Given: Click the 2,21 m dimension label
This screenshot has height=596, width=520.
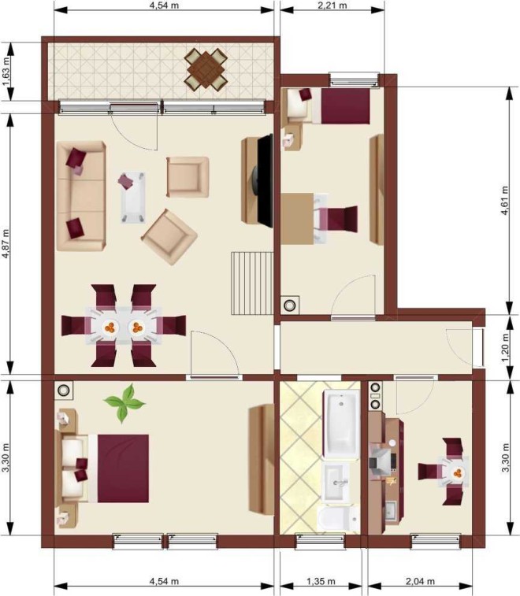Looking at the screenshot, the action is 332,6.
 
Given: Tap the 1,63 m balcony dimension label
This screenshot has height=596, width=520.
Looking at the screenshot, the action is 6,72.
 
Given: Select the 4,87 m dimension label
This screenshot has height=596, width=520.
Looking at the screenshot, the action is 6,244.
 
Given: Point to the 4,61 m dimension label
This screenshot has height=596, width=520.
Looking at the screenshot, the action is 504,201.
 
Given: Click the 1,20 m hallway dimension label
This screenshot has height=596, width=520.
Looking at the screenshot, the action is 505,348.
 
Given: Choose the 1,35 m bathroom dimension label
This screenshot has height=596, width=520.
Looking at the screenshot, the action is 321,582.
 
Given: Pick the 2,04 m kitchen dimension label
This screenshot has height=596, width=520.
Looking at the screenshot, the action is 420,582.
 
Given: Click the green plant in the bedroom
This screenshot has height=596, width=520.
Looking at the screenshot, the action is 124,403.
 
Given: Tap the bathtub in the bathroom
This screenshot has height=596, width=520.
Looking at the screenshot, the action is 341,424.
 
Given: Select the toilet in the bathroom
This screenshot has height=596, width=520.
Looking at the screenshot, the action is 339,518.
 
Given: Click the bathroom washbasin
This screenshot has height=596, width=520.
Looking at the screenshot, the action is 336,482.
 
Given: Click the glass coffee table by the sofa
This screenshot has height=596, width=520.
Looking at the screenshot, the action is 133,197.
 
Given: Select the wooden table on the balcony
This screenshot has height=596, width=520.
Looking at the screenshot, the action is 206,69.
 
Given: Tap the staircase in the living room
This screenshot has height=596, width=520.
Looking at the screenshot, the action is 253,283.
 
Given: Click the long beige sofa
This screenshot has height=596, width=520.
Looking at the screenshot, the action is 81,196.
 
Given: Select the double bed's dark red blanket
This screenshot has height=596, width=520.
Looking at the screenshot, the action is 123,468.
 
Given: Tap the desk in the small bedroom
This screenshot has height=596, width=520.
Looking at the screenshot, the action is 298,219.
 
